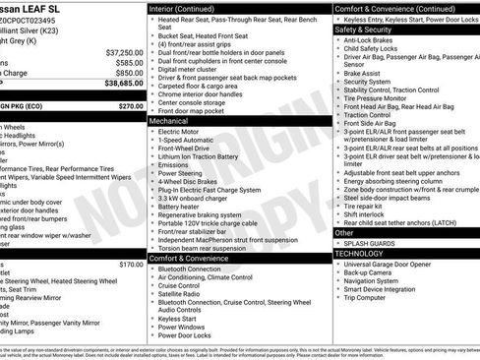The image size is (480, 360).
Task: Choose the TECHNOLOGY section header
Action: point(358,253)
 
